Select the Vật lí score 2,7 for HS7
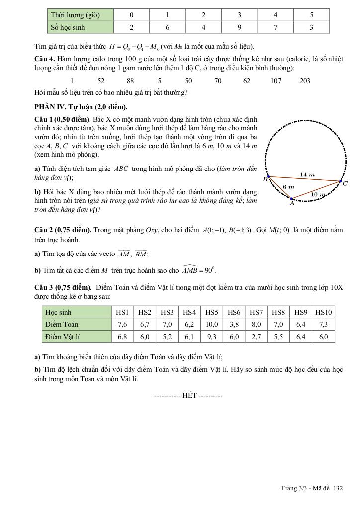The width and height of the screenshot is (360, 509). point(257,337)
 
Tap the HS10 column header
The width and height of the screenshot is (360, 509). point(324,312)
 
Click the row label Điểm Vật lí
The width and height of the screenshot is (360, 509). point(63,337)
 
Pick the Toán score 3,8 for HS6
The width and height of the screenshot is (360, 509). point(234,324)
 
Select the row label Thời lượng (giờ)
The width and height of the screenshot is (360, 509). point(76,15)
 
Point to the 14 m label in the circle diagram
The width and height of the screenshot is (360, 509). point(307,174)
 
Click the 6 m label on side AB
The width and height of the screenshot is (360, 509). point(288,186)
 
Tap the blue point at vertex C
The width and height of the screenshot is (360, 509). point(341,181)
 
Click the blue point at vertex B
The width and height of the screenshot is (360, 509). point(269,176)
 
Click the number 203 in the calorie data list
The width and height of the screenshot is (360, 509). point(305,81)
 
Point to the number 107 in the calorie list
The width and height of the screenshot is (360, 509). point(276,81)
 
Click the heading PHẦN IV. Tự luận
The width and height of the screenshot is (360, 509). point(81,107)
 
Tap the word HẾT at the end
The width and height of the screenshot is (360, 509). point(189,395)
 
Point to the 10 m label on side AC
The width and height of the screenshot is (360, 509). point(318,194)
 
